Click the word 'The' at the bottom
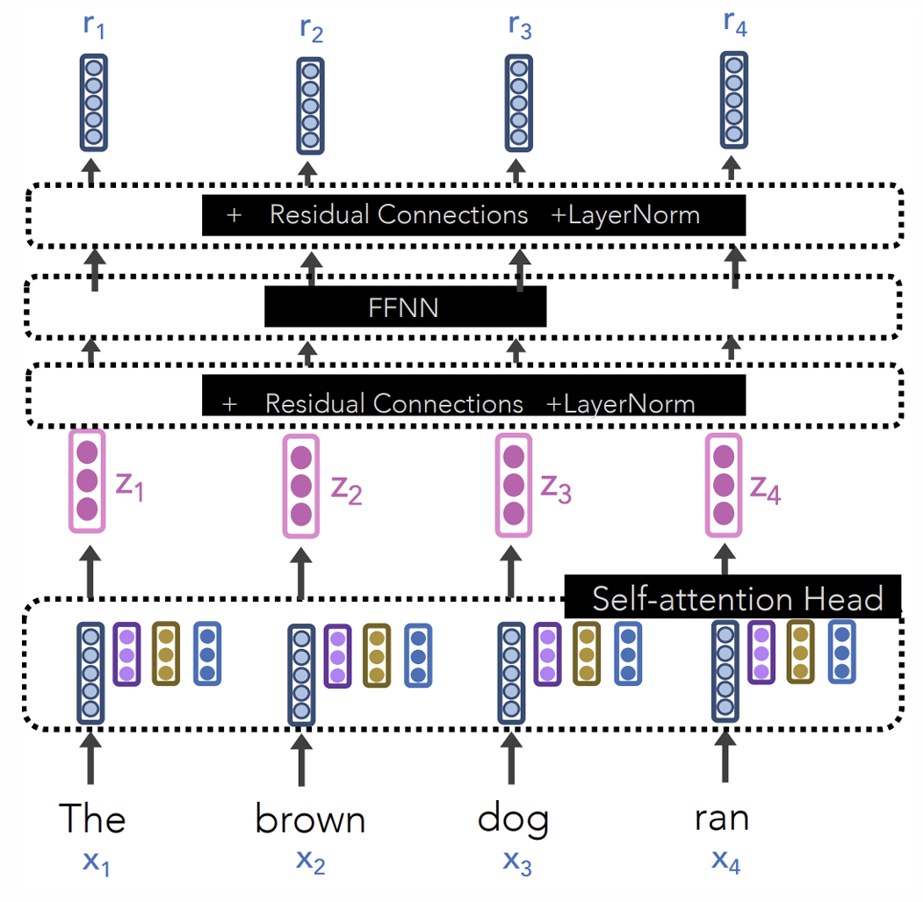tap(92, 819)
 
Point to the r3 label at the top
tap(520, 27)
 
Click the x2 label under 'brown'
tap(310, 862)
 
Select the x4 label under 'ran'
tap(726, 862)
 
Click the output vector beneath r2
tap(309, 105)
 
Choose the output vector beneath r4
tap(734, 99)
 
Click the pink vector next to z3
tap(513, 484)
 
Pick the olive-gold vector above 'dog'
tap(587, 653)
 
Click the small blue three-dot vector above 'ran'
tap(841, 651)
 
